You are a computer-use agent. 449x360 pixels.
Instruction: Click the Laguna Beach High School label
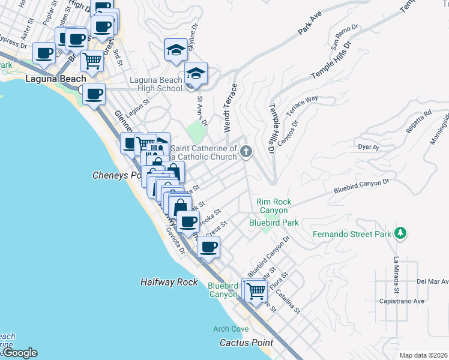point(157,84)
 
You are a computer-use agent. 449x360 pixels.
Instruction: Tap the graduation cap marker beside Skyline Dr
point(176,50)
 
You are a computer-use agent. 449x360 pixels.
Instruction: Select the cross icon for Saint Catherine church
point(246,152)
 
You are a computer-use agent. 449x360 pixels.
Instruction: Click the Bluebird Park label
point(274,223)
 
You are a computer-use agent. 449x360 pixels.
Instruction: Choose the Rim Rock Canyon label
point(274,206)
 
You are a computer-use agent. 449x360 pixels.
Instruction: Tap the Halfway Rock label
point(169,281)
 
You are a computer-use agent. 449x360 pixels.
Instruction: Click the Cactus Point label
point(246,343)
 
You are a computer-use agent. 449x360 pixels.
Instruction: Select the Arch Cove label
point(231,329)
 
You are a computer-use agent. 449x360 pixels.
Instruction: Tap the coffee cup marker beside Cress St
point(208,247)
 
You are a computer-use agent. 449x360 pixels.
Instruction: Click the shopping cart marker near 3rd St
point(92,60)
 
